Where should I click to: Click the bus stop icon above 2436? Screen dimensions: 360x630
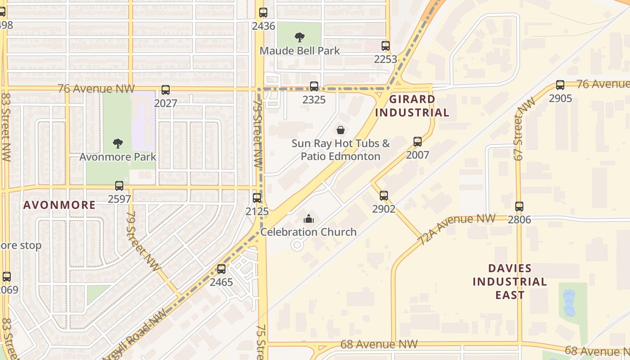263,13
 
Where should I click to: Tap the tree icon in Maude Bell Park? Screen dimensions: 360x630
299,37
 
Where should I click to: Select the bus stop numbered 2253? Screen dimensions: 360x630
386,45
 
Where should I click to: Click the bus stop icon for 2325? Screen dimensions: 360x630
314,86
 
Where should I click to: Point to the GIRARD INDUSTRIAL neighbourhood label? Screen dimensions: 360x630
412,106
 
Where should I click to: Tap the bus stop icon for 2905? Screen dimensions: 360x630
560,85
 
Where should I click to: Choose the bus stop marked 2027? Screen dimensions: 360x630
166,90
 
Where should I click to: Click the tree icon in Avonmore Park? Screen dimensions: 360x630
118,144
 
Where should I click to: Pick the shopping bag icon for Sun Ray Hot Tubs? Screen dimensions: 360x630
341,130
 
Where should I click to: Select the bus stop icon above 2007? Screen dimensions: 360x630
418,142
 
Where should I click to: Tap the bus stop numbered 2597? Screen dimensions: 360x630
119,185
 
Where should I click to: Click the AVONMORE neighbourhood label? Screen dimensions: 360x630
59,205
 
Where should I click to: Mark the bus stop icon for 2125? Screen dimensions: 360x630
257,198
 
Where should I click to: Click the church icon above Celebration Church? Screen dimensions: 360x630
309,219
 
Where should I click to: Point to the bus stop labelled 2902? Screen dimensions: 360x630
384,195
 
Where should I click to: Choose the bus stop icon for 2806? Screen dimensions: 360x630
519,207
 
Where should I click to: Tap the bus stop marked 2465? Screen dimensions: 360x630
221,269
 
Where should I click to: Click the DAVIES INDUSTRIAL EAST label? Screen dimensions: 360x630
509,282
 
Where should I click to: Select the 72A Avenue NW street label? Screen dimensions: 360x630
456,229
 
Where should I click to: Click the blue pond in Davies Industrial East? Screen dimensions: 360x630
569,303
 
